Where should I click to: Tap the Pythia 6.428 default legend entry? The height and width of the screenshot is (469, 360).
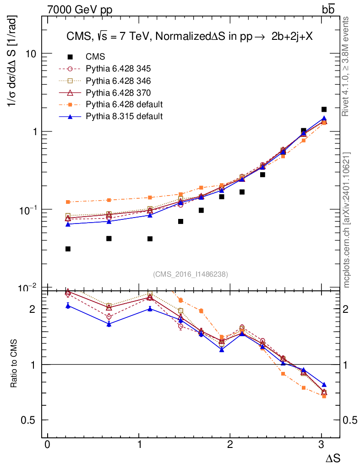124,104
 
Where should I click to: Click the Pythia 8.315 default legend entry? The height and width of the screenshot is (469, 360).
124,116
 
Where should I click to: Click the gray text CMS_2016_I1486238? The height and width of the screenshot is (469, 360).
191,274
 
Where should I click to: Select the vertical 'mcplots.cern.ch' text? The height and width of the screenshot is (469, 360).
347,219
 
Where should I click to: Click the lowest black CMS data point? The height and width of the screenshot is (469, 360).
68,249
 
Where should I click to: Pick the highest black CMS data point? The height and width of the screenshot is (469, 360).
324,109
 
